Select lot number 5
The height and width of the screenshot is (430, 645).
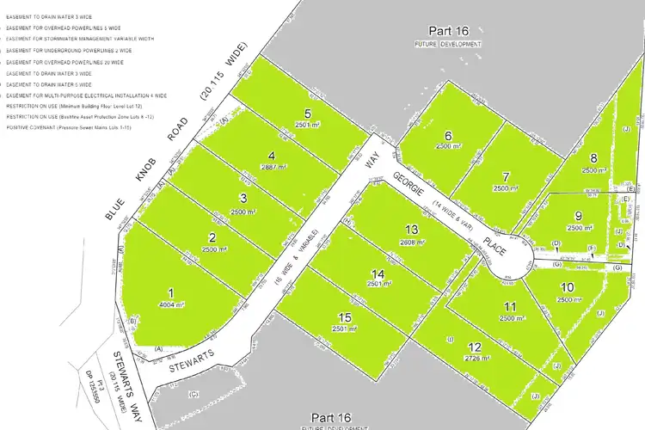307,114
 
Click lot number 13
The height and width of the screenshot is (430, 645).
413,230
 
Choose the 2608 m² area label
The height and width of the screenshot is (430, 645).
413,243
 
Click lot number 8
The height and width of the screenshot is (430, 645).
593,158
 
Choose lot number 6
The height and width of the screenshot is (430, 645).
448,136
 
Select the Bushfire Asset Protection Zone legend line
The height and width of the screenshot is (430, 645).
80,116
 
